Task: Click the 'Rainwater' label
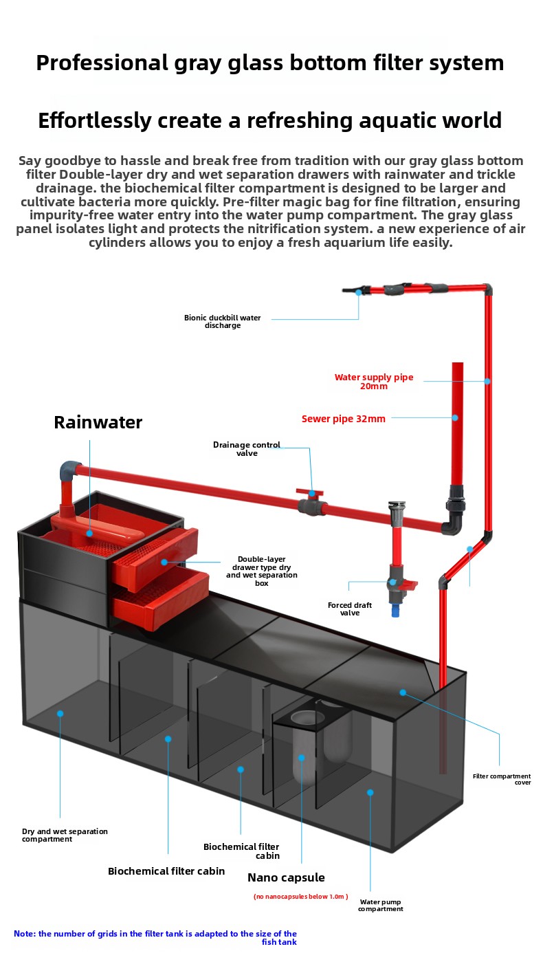pyautogui.click(x=98, y=422)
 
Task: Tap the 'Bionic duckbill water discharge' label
pyautogui.click(x=222, y=321)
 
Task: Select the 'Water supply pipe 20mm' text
pyautogui.click(x=374, y=382)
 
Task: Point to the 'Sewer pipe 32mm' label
pyautogui.click(x=343, y=419)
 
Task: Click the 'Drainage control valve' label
pyautogui.click(x=247, y=449)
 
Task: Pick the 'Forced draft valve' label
pyautogui.click(x=350, y=609)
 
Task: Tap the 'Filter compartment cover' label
pyautogui.click(x=502, y=779)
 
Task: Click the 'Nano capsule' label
pyautogui.click(x=286, y=877)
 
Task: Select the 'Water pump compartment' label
pyautogui.click(x=380, y=905)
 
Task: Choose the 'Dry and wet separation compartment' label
pyautogui.click(x=65, y=835)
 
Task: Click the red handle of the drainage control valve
pyautogui.click(x=309, y=492)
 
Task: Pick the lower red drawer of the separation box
pyautogui.click(x=162, y=596)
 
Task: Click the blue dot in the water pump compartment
pyautogui.click(x=370, y=792)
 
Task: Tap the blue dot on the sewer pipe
pyautogui.click(x=454, y=417)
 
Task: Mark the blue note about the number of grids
pyautogui.click(x=155, y=937)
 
